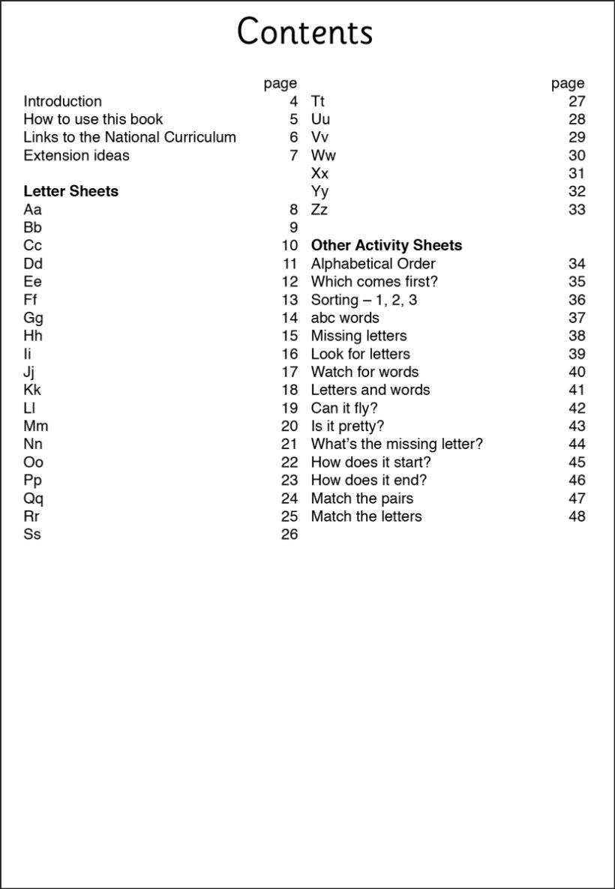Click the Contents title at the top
(304, 33)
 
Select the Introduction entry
(62, 101)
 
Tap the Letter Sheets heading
(70, 191)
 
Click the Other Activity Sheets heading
(386, 245)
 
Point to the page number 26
(289, 534)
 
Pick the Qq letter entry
(34, 498)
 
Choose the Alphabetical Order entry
(373, 264)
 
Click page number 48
(577, 516)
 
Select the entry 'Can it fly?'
(344, 409)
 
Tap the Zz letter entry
(319, 210)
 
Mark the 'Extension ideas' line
(76, 156)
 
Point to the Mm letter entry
(36, 427)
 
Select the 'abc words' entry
(345, 318)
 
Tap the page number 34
(577, 264)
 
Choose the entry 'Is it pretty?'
(347, 427)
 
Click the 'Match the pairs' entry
(362, 498)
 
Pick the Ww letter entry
(323, 156)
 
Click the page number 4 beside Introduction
(293, 101)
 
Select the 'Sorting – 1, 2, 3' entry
(364, 300)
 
